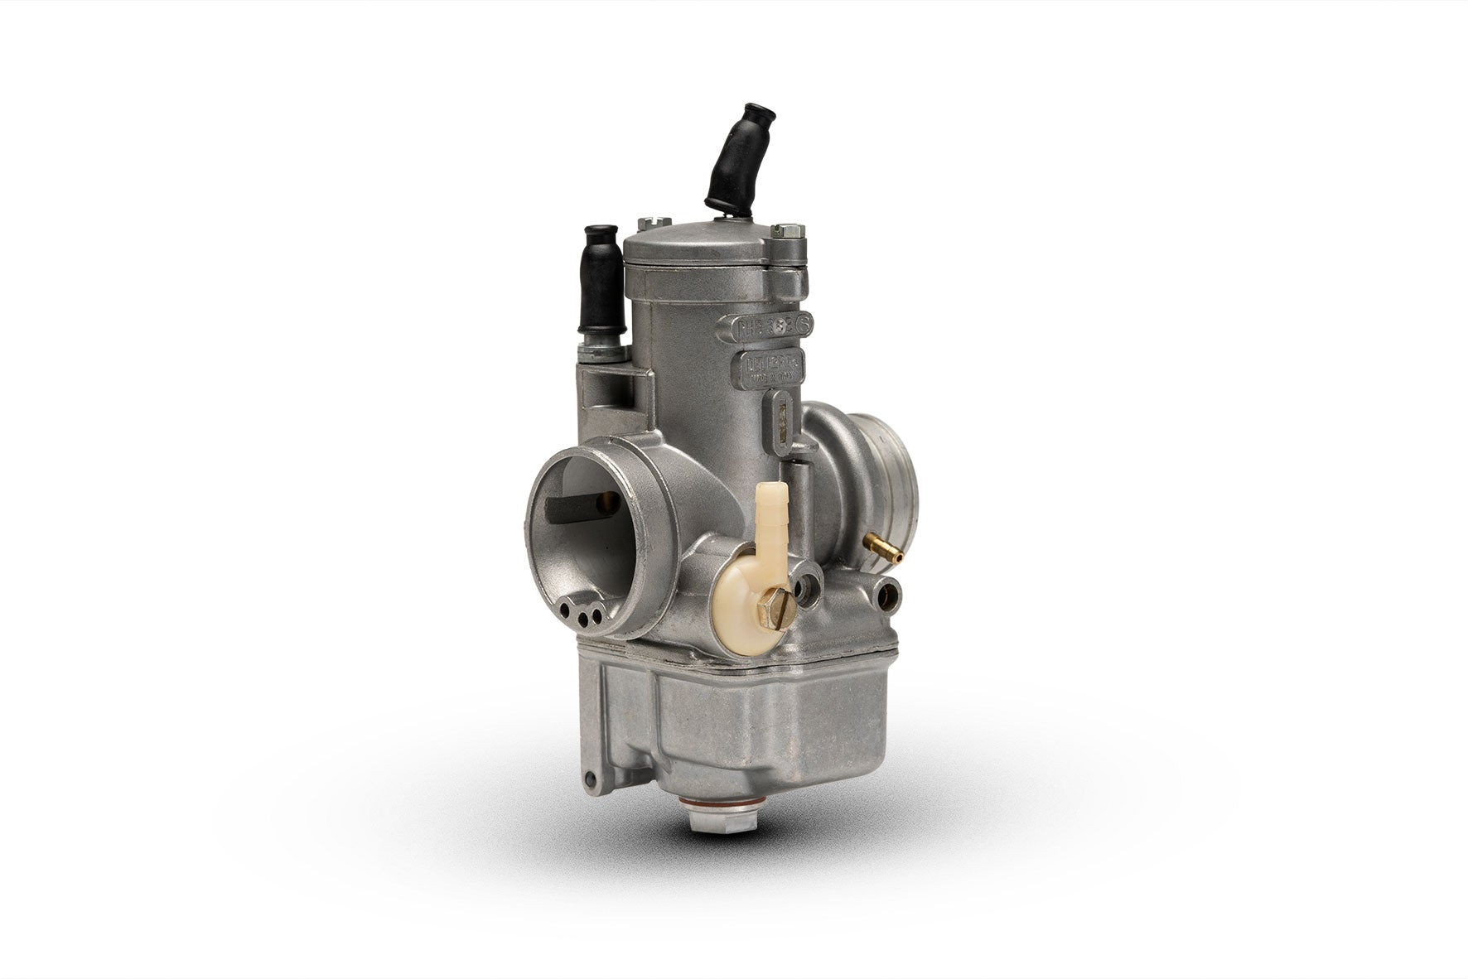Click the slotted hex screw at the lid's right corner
(787, 231)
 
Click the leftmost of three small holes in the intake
(564, 610)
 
